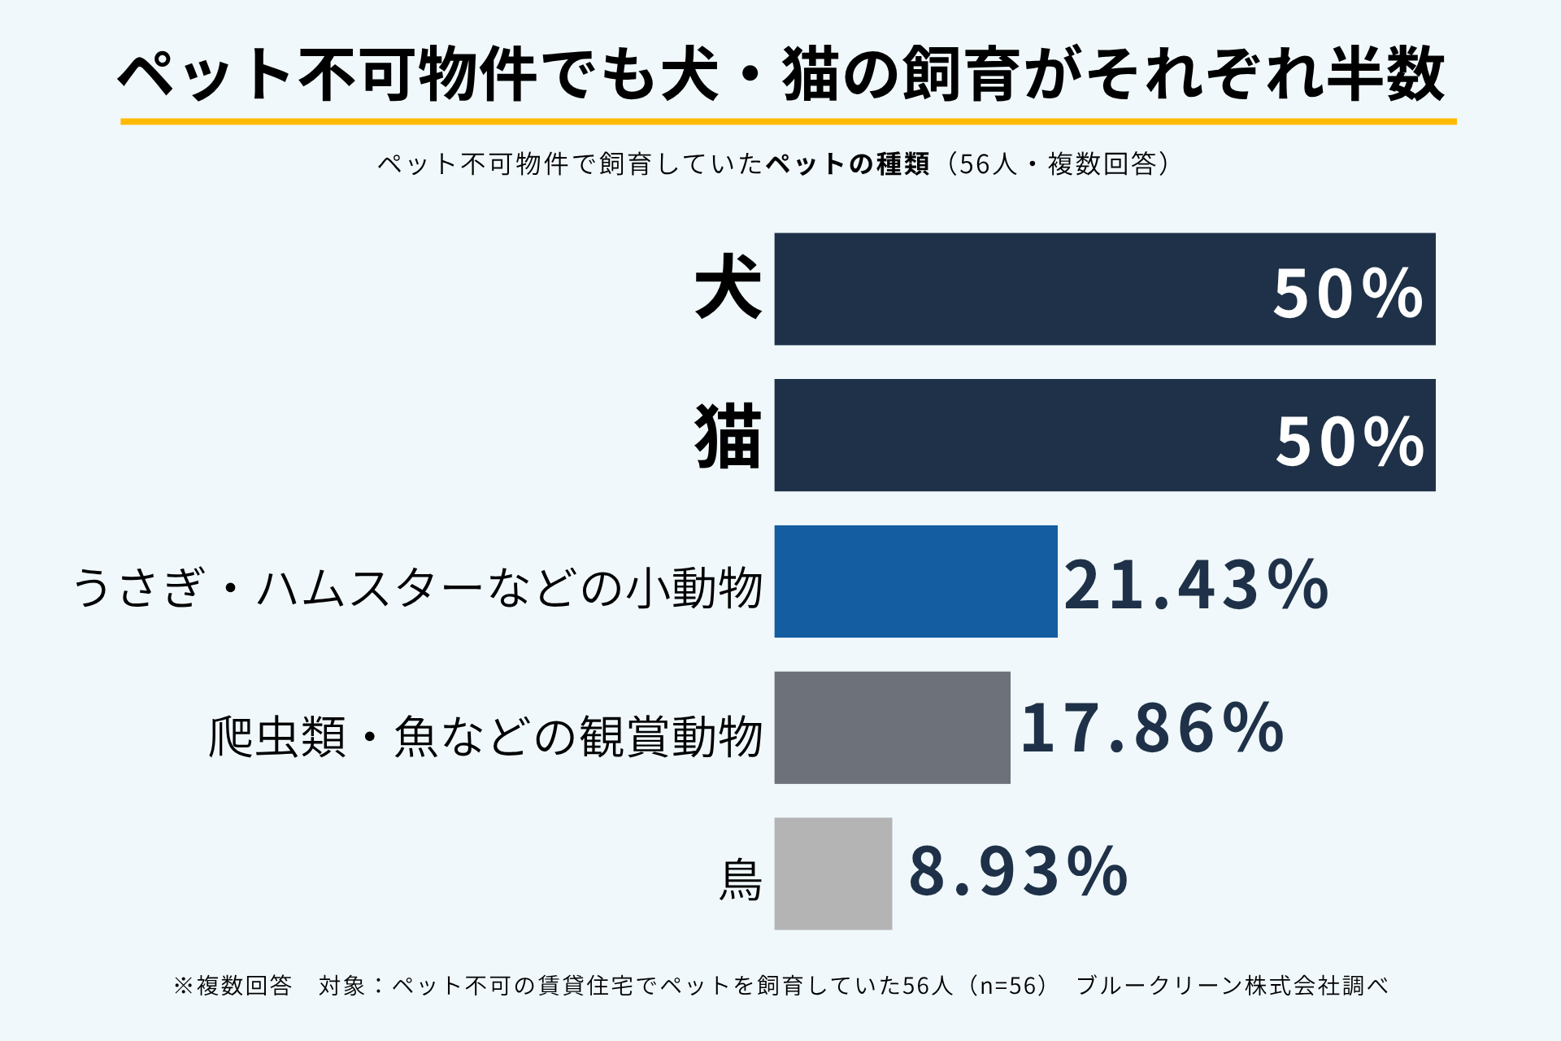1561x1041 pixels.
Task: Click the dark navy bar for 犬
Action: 1105,289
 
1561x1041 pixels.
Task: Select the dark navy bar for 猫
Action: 1105,435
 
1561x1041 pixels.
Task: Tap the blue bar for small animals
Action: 916,581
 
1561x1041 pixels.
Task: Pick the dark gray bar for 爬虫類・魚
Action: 893,728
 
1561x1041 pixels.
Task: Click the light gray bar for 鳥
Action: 833,873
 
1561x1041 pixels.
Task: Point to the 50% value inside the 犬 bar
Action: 1348,294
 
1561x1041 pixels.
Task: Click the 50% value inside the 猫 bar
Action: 1350,442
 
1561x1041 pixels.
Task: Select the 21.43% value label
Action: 1196,585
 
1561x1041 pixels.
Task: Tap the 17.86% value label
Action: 1152,728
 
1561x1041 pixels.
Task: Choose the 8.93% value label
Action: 1018,872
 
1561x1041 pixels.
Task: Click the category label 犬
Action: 728,286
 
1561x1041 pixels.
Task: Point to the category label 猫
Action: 728,438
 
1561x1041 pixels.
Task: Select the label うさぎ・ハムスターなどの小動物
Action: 419,587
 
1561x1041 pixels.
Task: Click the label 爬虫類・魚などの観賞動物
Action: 485,737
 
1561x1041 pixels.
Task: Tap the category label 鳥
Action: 741,881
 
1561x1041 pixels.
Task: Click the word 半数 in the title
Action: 1385,74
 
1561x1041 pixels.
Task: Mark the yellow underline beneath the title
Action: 789,122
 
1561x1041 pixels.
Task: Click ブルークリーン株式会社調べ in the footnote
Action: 1232,986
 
